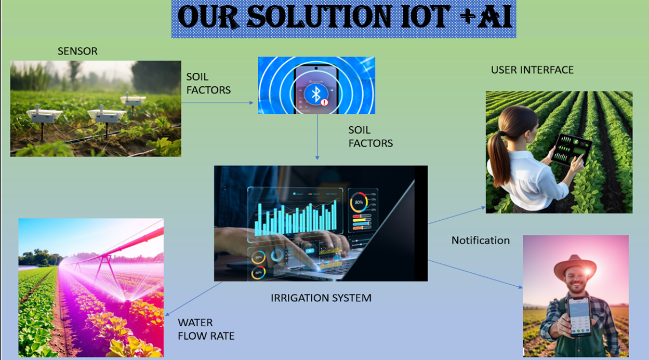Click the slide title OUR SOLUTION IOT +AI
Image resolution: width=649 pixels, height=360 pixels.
coord(344,19)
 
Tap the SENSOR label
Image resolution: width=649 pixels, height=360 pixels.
coord(77,51)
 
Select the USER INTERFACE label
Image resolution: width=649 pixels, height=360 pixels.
coord(532,70)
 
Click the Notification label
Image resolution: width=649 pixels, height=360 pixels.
coord(480,240)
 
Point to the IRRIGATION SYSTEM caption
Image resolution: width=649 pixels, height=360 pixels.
coord(321,298)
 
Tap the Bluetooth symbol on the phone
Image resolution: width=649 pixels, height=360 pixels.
coord(314,94)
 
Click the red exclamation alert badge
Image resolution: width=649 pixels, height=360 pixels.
coord(325,102)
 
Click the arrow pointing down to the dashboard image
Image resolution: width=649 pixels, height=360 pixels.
coord(317,137)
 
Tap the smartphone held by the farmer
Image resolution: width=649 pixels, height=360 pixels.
coord(578,316)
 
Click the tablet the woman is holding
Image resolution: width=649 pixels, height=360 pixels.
coord(573,149)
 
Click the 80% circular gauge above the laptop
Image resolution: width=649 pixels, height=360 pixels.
coord(359,202)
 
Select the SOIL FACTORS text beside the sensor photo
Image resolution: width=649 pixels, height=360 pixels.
coord(208,83)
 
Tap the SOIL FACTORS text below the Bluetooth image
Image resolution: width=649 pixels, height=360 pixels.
coord(370,136)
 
